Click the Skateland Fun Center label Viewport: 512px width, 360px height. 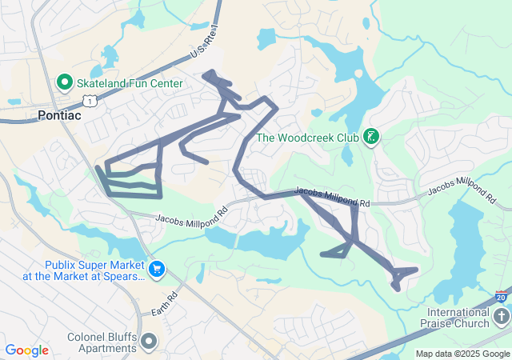(x=130, y=83)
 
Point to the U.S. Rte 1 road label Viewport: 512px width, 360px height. (x=203, y=44)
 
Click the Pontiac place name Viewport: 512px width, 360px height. (x=60, y=115)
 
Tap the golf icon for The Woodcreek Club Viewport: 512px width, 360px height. (x=370, y=137)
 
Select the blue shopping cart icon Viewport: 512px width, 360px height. (x=157, y=270)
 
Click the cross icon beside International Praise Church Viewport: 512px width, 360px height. (x=501, y=318)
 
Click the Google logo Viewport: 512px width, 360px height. (x=26, y=350)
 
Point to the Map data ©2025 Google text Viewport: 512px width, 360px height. (x=462, y=354)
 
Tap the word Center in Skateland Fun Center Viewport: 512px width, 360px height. (x=164, y=83)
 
